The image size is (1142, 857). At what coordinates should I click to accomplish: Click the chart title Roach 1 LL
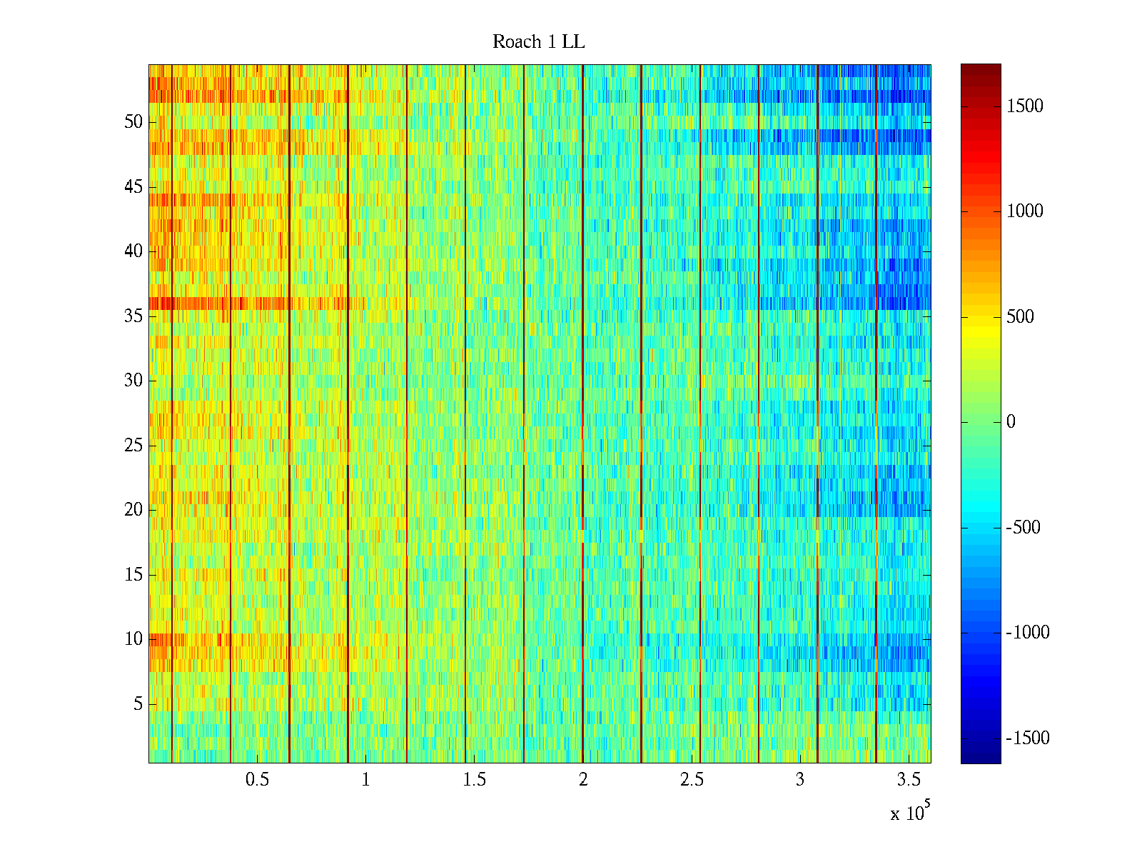tap(538, 42)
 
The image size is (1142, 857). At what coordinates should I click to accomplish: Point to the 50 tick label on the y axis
tap(133, 122)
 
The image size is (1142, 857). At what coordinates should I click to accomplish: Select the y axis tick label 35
tap(133, 316)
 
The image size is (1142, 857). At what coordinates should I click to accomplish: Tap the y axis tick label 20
tap(133, 510)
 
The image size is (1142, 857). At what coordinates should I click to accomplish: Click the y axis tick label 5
tap(138, 704)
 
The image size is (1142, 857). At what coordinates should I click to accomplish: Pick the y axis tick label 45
tap(133, 187)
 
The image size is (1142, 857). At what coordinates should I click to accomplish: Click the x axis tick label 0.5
tap(257, 780)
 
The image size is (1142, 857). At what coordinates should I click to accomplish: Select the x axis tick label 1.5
tap(475, 780)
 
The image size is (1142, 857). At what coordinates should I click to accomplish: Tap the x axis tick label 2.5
tap(692, 780)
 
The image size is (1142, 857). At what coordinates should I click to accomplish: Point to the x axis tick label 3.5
tap(909, 780)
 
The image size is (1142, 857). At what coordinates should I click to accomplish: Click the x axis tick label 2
tap(583, 780)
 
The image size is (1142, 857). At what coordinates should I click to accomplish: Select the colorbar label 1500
tap(1025, 106)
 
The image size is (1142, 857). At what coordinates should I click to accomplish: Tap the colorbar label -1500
tap(1028, 738)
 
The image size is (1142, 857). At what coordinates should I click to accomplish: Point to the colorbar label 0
tap(1011, 422)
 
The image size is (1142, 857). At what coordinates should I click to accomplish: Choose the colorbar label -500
tap(1024, 528)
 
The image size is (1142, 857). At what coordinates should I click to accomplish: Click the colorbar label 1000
tap(1025, 211)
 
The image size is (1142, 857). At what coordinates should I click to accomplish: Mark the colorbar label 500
tap(1021, 317)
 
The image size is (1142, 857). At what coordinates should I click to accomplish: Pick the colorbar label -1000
tap(1028, 633)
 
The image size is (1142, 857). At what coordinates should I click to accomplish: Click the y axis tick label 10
tap(133, 639)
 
